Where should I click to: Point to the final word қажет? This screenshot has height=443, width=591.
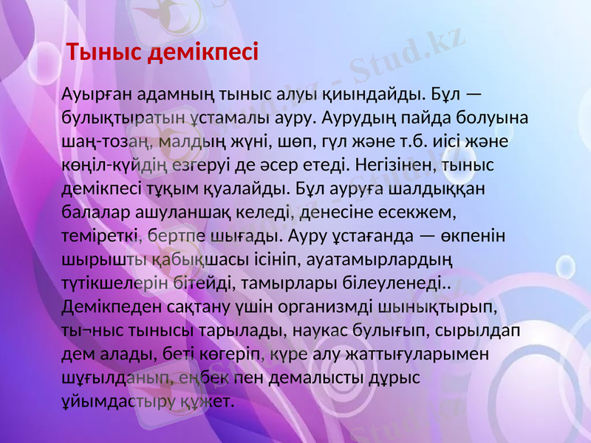[x=208, y=401]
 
